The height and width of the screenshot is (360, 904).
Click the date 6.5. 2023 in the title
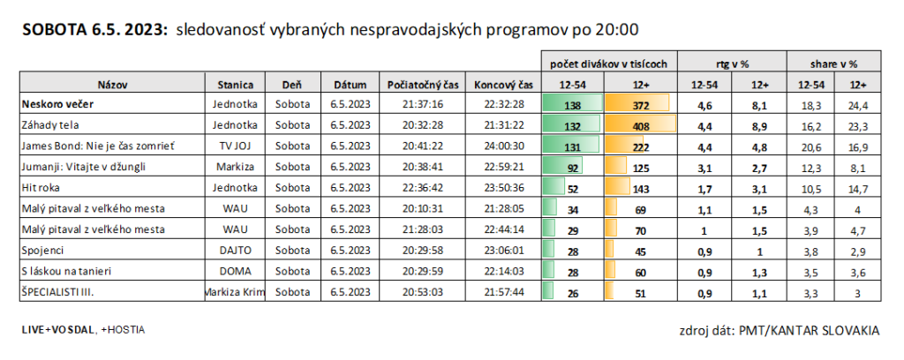[129, 30]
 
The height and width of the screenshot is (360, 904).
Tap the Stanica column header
[236, 85]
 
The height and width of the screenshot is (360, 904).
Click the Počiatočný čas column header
[424, 85]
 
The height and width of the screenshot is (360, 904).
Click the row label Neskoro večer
[58, 104]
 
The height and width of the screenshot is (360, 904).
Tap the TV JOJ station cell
[236, 146]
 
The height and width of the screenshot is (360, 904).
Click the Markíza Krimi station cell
[236, 292]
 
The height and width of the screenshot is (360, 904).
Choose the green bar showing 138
[572, 104]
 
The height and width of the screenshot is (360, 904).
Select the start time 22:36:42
[424, 188]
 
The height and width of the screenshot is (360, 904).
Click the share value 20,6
[809, 146]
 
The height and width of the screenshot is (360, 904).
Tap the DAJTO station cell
[236, 251]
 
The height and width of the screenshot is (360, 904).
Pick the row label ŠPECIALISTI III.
[57, 292]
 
